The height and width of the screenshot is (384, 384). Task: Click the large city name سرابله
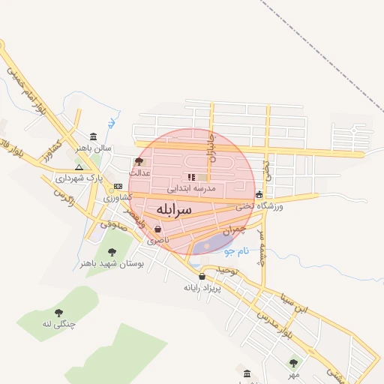[x=174, y=208]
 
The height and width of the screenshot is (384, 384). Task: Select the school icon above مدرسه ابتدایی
[x=191, y=177]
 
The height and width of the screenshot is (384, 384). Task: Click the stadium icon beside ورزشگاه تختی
[x=259, y=194]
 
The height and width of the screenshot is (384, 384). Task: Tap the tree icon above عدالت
[x=139, y=161]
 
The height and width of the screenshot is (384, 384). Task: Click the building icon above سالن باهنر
[x=92, y=136]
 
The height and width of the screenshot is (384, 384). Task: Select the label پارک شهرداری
[x=78, y=178]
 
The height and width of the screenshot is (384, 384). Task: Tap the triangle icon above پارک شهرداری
[x=79, y=167]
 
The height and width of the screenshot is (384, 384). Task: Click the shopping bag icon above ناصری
[x=157, y=229]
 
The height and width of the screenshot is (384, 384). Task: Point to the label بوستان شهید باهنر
[x=111, y=263]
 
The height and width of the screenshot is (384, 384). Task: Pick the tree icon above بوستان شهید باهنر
[x=112, y=252]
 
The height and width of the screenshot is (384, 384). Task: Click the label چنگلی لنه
[x=58, y=324]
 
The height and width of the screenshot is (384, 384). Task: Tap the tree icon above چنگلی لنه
[x=58, y=313]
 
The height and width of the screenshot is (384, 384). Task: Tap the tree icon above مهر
[x=293, y=363]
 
